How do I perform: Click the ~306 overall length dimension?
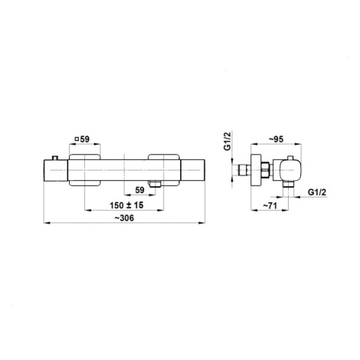click(x=124, y=218)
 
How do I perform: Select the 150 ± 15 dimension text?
click(x=126, y=205)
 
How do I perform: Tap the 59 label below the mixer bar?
click(x=139, y=190)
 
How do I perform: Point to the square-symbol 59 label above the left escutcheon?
click(x=82, y=139)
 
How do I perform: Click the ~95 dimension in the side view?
click(x=276, y=139)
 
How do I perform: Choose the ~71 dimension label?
click(x=270, y=205)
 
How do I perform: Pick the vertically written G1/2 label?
click(x=227, y=141)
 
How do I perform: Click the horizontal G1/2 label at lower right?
click(x=317, y=192)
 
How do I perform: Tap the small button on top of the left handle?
click(x=55, y=158)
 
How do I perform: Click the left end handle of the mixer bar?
click(x=56, y=170)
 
